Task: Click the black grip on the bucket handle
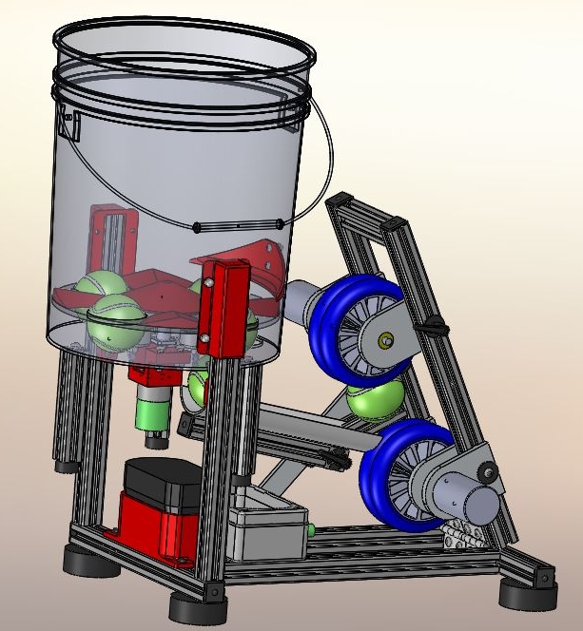tap(239, 226)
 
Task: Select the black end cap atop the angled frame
tap(340, 201)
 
